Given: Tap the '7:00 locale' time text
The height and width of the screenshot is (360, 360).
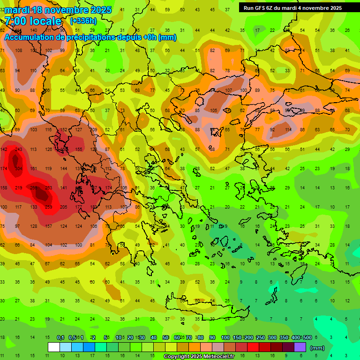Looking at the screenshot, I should tap(33, 21).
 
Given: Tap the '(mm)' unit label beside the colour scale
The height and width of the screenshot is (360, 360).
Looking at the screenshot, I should tap(317, 348).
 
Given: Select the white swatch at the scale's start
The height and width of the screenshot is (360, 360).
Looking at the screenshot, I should tap(54, 347).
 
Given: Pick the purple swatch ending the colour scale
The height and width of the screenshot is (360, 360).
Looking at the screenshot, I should tap(300, 347).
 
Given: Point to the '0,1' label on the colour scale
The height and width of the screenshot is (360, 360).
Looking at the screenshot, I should tap(60, 337).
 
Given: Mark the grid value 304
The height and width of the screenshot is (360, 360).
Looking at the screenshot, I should tap(19, 168).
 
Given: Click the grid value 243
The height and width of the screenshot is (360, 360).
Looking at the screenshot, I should tap(19, 149).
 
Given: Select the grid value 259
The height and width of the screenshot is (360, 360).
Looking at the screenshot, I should tap(49, 207).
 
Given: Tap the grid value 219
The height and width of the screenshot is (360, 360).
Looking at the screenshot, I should tap(19, 187).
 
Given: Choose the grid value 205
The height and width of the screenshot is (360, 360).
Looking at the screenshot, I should tap(64, 207).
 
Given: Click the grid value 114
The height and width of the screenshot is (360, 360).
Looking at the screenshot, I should tap(287, 130).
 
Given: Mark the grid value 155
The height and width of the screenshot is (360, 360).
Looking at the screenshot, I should tap(79, 149).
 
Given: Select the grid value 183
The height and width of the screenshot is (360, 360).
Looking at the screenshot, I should tap(94, 207).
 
